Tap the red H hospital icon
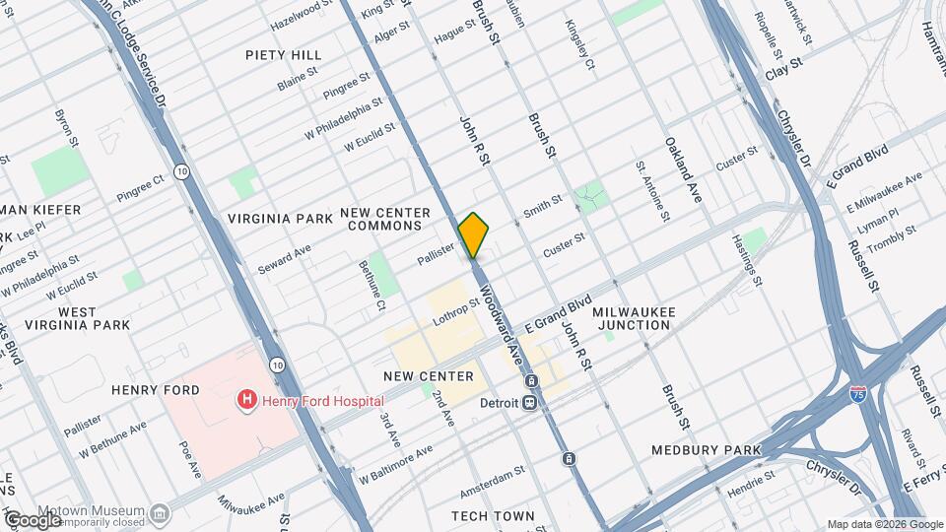tap(245, 400)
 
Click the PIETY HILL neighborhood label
tap(283, 54)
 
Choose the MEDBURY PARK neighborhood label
tap(707, 450)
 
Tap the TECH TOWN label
tap(493, 516)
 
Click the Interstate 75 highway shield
tap(857, 393)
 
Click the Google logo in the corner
tap(33, 520)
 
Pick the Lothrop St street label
tap(454, 313)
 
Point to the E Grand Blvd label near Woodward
tap(557, 314)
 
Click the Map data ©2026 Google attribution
tap(883, 524)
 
